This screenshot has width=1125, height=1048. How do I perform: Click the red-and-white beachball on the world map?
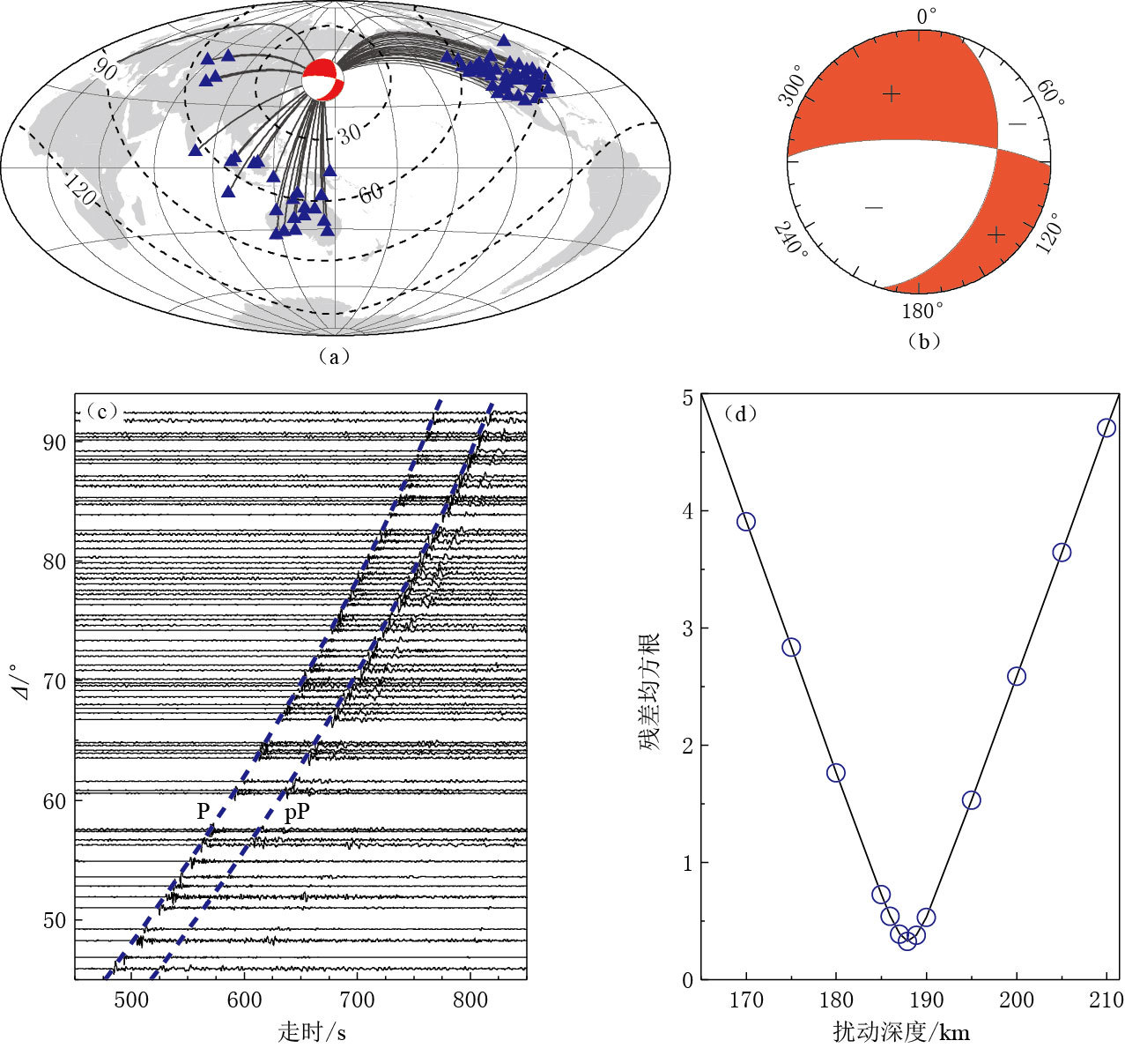323,81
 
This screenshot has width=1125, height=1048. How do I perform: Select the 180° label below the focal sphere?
922,311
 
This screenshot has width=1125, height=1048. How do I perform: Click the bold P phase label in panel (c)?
204,812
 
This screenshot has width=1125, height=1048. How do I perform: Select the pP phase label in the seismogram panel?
297,812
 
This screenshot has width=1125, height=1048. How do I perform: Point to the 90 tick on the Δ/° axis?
55,442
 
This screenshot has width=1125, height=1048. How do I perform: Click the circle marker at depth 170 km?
746,522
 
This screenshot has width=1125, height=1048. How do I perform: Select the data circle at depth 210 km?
1106,427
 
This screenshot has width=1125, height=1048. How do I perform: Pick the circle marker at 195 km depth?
972,800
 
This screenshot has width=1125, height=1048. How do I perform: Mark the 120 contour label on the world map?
80,190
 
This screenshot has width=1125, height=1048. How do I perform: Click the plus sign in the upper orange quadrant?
892,93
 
